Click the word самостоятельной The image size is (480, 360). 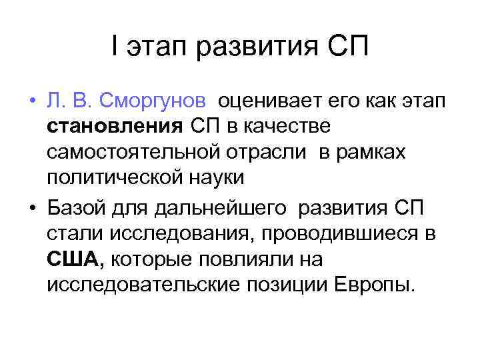click(x=134, y=153)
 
